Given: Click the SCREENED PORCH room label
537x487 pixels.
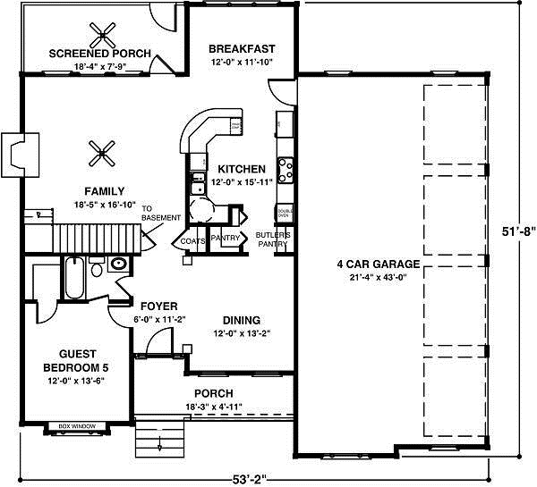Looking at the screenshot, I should tap(99, 54).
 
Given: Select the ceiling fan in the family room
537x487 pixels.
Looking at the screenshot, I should tap(105, 153).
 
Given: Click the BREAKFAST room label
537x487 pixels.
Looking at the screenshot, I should tap(241, 48).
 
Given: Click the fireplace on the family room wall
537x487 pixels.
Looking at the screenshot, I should tap(21, 151).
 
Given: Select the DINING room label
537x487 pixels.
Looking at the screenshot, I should tap(241, 320).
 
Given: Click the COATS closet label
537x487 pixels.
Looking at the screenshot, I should tap(194, 240).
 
